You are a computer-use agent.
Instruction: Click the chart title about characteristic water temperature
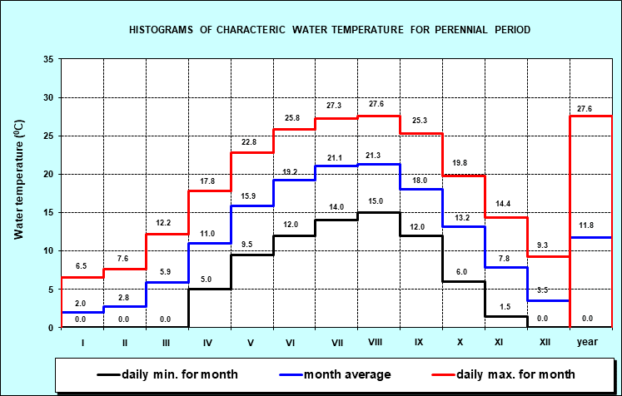tap(330, 30)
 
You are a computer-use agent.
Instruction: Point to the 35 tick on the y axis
tap(48, 59)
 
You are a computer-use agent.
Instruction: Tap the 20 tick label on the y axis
tap(48, 174)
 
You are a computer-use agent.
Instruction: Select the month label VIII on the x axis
tap(377, 342)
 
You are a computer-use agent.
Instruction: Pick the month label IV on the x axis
tap(208, 342)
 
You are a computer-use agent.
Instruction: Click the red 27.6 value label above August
tap(377, 104)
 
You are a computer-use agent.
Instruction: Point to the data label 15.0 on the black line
tap(377, 200)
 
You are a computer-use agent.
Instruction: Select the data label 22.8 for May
tap(251, 141)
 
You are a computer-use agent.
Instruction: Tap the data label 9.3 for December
tap(547, 245)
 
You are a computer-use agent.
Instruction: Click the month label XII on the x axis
tap(547, 342)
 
